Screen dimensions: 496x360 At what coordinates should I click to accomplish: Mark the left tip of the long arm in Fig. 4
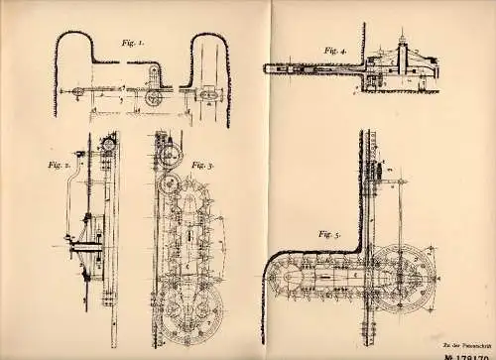[265, 68]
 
